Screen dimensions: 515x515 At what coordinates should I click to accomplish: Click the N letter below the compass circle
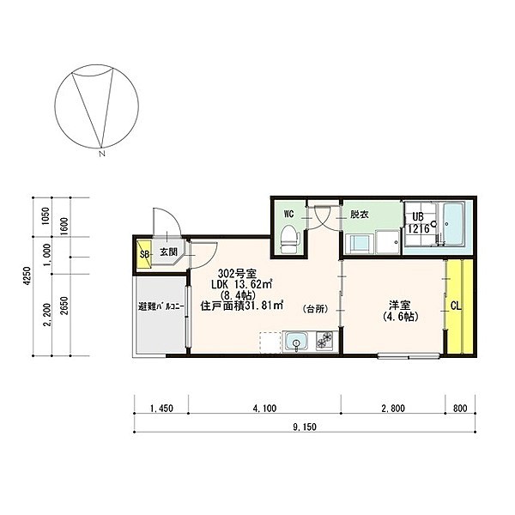pos(102,153)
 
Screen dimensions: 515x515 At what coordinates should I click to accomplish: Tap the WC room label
pos(288,214)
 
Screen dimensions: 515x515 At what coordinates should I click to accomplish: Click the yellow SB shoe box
pos(144,254)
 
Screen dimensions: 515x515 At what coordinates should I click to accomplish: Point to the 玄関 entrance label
pos(169,251)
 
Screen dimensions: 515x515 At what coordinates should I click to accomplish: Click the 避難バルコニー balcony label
pos(161,307)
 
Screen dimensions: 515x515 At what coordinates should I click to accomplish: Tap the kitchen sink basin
pos(297,342)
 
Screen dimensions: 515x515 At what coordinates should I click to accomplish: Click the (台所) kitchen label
pos(315,309)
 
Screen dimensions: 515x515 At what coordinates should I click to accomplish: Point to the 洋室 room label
pos(400,305)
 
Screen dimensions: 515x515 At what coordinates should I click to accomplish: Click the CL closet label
pos(456,306)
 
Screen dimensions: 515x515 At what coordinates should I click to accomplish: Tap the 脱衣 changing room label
pos(360,215)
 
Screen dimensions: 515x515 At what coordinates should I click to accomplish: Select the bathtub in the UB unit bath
pos(453,225)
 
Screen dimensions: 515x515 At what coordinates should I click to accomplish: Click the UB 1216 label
pos(418,222)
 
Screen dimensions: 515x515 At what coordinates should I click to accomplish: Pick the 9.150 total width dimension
pos(305,427)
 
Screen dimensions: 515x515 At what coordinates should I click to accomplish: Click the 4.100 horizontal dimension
pos(264,409)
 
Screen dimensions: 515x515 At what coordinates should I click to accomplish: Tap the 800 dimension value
pos(460,409)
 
